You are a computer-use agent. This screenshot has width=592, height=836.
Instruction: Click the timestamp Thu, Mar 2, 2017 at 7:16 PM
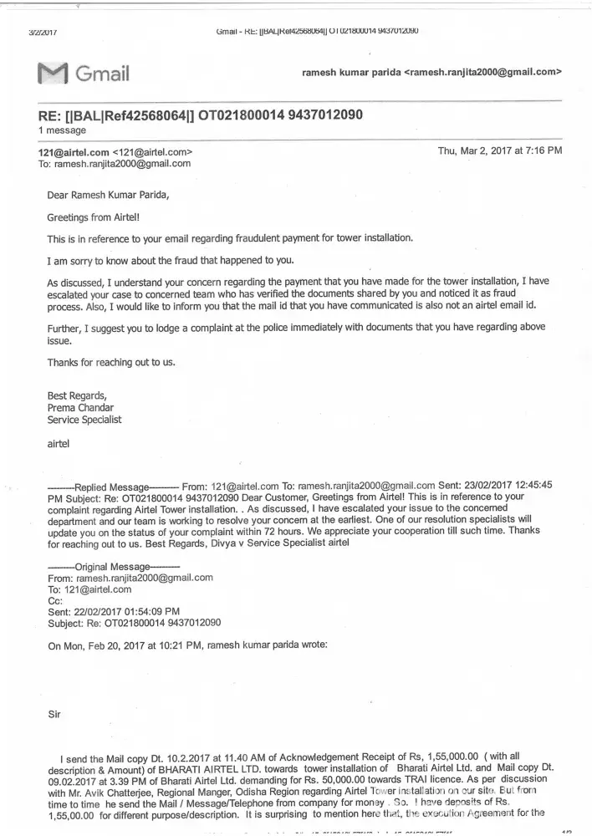tap(499, 151)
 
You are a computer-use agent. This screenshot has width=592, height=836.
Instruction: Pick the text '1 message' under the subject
tap(62, 131)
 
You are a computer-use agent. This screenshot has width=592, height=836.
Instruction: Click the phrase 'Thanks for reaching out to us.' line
tap(111, 362)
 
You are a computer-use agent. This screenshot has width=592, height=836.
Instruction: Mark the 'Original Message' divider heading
tap(109, 566)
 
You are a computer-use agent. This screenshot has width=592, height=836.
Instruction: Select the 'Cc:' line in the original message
tap(55, 600)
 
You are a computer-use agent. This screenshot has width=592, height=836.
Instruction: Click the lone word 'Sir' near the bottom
tap(56, 714)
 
